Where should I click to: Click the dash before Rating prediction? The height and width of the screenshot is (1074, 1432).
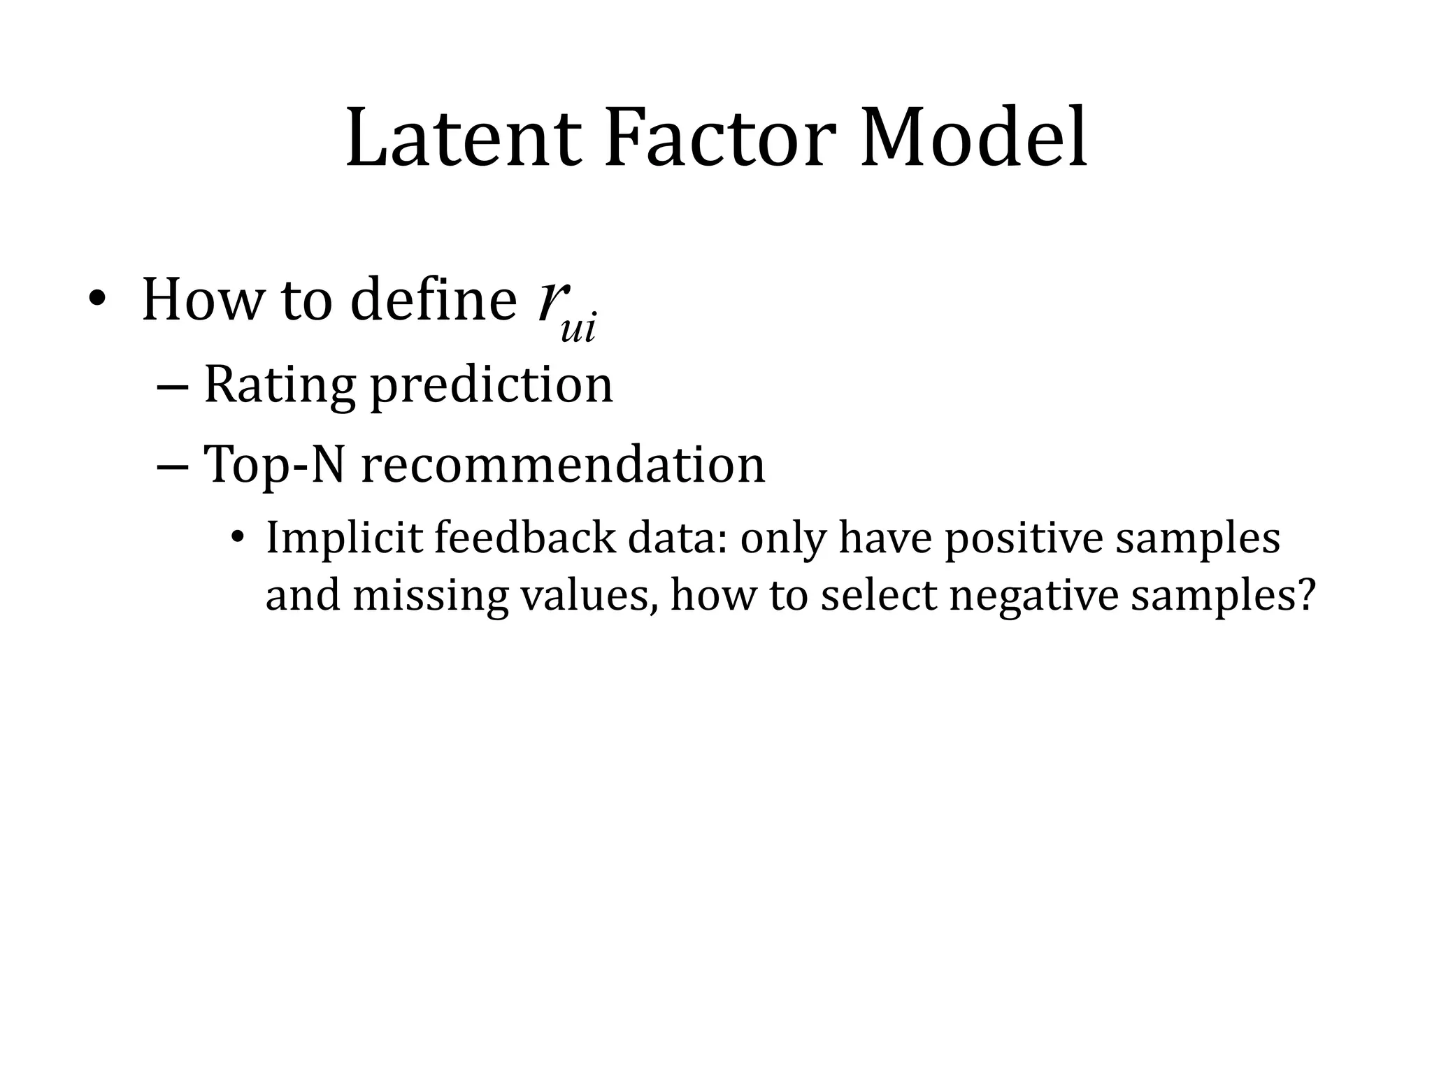click(x=172, y=387)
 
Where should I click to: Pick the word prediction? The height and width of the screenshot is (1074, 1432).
click(x=491, y=385)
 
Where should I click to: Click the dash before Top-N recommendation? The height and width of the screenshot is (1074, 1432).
click(x=172, y=466)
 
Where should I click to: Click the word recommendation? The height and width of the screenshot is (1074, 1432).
click(x=563, y=464)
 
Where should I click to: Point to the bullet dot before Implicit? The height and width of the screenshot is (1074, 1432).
click(x=238, y=538)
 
